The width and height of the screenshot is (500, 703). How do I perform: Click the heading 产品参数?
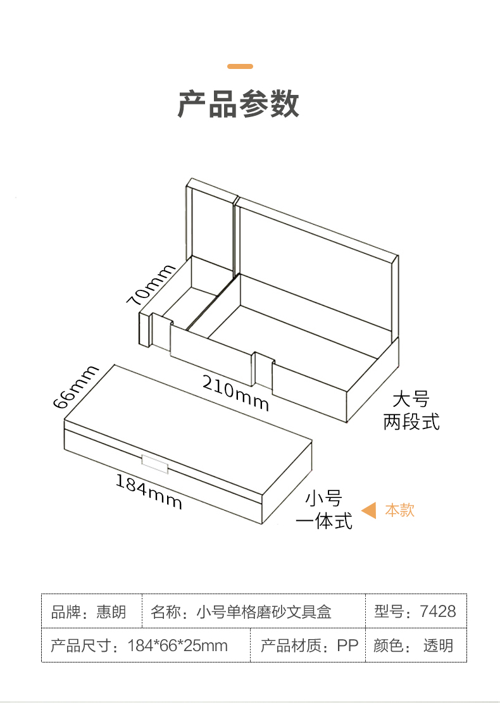pos(239,104)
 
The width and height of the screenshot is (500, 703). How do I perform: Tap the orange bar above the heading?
pos(240,66)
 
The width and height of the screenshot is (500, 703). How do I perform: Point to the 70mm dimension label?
pos(150,285)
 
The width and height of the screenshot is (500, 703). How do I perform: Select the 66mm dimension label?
pos(76,387)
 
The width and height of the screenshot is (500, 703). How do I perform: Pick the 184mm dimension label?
pos(149,492)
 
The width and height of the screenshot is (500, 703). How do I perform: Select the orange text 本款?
pos(399,510)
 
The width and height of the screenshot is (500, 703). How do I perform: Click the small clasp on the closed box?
pos(154,464)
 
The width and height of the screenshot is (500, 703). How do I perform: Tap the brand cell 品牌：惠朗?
pos(89,611)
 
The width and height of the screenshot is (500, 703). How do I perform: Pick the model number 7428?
pos(438,611)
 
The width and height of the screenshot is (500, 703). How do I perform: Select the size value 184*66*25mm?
pos(178,645)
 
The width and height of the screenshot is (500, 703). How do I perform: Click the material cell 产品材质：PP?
pos(309,645)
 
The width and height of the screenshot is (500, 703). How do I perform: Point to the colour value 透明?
pos(438,645)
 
